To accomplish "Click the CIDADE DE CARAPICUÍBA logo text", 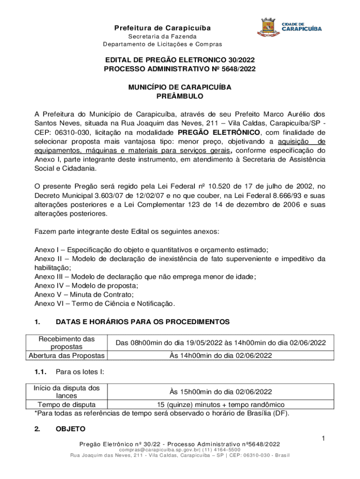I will click(x=301, y=27).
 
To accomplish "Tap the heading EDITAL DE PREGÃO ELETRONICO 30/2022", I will click(x=180, y=60).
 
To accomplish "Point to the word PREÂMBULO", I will click(x=180, y=96).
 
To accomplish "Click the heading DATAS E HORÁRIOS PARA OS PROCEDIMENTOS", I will click(x=143, y=322).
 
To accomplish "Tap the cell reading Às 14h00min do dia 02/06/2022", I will click(x=221, y=356).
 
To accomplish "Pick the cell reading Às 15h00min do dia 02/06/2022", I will click(x=221, y=392).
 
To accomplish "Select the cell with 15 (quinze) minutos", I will click(x=221, y=405).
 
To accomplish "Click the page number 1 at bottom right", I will click(x=323, y=438).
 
